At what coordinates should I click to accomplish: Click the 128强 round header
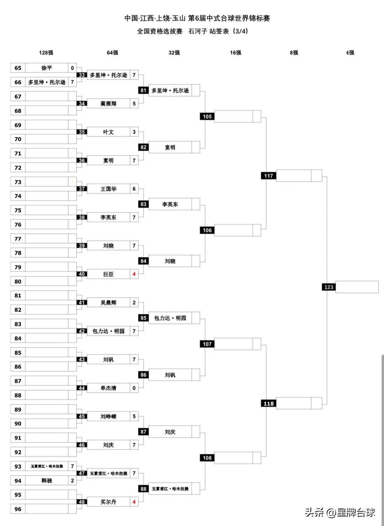[x=46, y=53]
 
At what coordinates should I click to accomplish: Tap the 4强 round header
[x=350, y=53]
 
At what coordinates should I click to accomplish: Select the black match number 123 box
[x=329, y=287]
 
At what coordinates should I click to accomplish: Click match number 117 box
[x=268, y=176]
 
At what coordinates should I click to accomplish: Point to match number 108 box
[x=207, y=458]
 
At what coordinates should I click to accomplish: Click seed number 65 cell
[x=18, y=68]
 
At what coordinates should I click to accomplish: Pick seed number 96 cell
[x=18, y=509]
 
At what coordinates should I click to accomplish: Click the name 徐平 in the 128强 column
[x=47, y=68]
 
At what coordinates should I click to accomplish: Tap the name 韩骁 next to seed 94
[x=47, y=481]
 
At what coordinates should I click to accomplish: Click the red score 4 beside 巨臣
[x=134, y=274]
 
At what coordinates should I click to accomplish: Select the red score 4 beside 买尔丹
[x=134, y=502]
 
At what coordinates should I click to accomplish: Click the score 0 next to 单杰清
[x=134, y=388]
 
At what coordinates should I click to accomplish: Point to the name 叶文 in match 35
[x=108, y=132]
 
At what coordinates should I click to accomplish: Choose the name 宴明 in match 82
[x=170, y=147]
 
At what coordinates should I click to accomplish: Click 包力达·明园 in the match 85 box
[x=170, y=318]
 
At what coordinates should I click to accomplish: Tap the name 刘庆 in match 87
[x=170, y=432]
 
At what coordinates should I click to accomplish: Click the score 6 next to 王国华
[x=134, y=189]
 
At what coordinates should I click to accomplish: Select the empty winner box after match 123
[x=357, y=287]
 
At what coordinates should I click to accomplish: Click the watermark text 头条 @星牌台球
[x=340, y=512]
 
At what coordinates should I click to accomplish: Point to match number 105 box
[x=207, y=117]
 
